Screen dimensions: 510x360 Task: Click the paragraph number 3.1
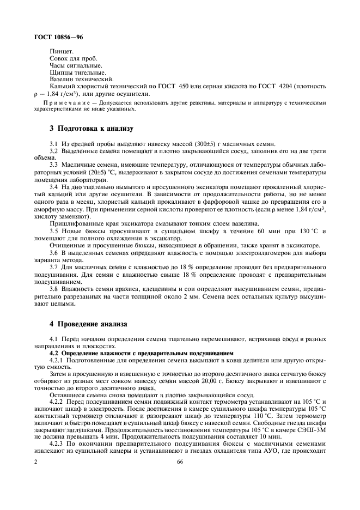pyautogui.click(x=54, y=143)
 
